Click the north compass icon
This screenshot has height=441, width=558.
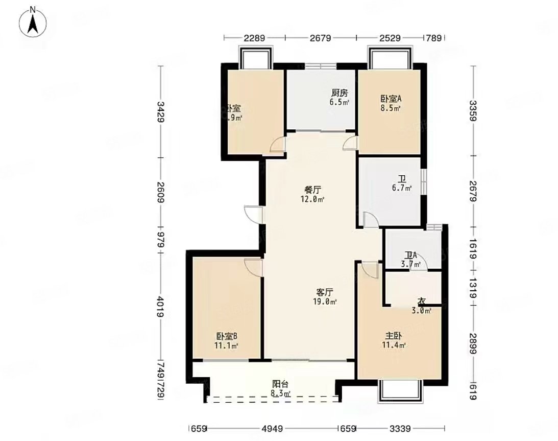click(x=33, y=21)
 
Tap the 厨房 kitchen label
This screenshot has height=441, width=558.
click(x=339, y=93)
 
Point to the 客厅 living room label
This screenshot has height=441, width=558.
click(x=325, y=292)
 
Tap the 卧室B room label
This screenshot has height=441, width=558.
click(x=227, y=336)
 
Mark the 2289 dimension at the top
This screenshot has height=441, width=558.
click(x=254, y=38)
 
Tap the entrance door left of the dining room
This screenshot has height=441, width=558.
click(x=254, y=214)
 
